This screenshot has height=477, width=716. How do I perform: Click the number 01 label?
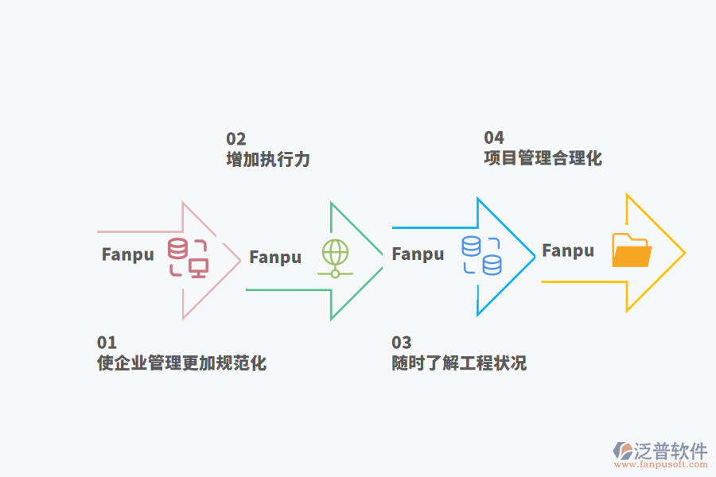coord(107,343)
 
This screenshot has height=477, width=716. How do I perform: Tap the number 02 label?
coord(236,139)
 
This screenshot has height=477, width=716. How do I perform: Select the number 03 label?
coord(402,343)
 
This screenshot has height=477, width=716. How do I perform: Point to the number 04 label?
coord(494,138)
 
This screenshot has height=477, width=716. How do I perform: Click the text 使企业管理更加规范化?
coord(181,363)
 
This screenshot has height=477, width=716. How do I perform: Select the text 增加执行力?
coord(268,159)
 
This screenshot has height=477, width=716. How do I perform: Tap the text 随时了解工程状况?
coord(459,363)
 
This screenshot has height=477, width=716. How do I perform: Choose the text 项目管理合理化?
coord(543,157)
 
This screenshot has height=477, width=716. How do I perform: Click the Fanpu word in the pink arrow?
coord(127,255)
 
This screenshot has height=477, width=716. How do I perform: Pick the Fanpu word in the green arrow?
coord(275,258)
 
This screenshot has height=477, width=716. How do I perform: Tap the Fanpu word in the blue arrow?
coord(418,254)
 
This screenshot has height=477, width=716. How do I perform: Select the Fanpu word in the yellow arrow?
coord(568,251)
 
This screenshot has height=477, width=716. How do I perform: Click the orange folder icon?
coord(632,250)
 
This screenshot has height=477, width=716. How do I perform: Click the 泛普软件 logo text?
coord(671,451)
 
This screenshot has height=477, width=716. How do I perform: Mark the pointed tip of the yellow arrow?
coord(683,253)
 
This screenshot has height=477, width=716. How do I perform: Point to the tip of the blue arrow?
coord(535,256)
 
